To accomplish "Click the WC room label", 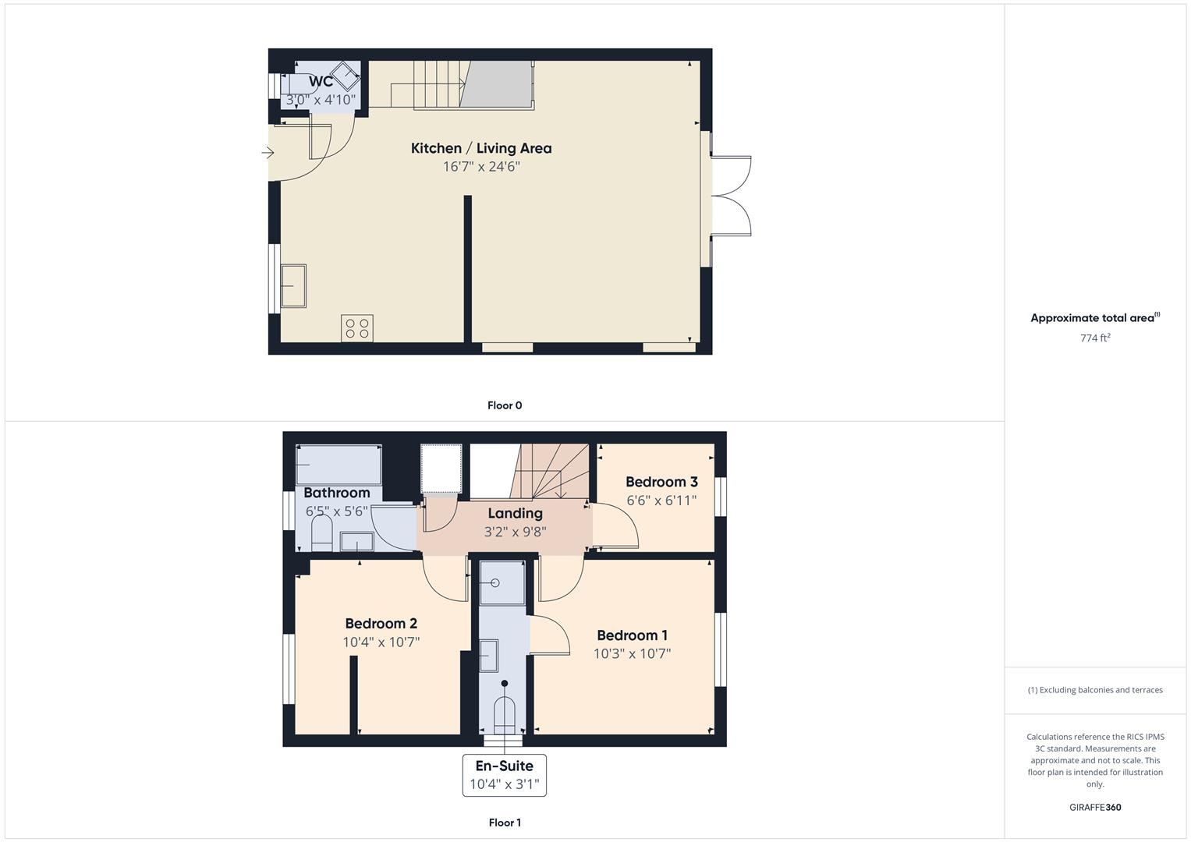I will click(x=321, y=81).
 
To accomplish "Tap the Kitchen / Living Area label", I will click(x=481, y=148).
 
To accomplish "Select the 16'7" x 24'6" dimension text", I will click(x=481, y=167).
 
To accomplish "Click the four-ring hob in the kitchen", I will click(x=357, y=327).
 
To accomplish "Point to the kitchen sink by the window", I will click(x=293, y=286).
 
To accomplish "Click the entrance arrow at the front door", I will click(x=268, y=153).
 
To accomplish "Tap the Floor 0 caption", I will click(x=505, y=405).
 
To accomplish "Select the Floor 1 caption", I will click(x=505, y=823).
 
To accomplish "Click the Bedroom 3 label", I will click(x=661, y=482).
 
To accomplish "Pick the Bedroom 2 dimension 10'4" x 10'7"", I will click(x=381, y=642).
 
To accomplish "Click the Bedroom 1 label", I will click(x=632, y=635).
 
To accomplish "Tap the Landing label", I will click(x=515, y=513).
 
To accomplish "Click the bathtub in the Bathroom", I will click(x=339, y=465).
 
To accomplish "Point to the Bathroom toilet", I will click(x=322, y=536).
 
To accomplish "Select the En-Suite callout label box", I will click(x=505, y=775).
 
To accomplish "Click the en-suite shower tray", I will click(x=502, y=582).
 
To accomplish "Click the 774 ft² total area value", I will click(x=1095, y=338).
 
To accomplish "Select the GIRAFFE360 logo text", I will click(x=1095, y=808).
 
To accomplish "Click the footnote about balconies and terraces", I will click(x=1095, y=690).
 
